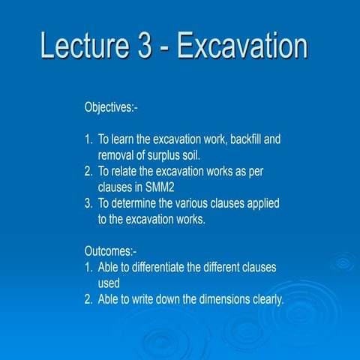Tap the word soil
193,154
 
